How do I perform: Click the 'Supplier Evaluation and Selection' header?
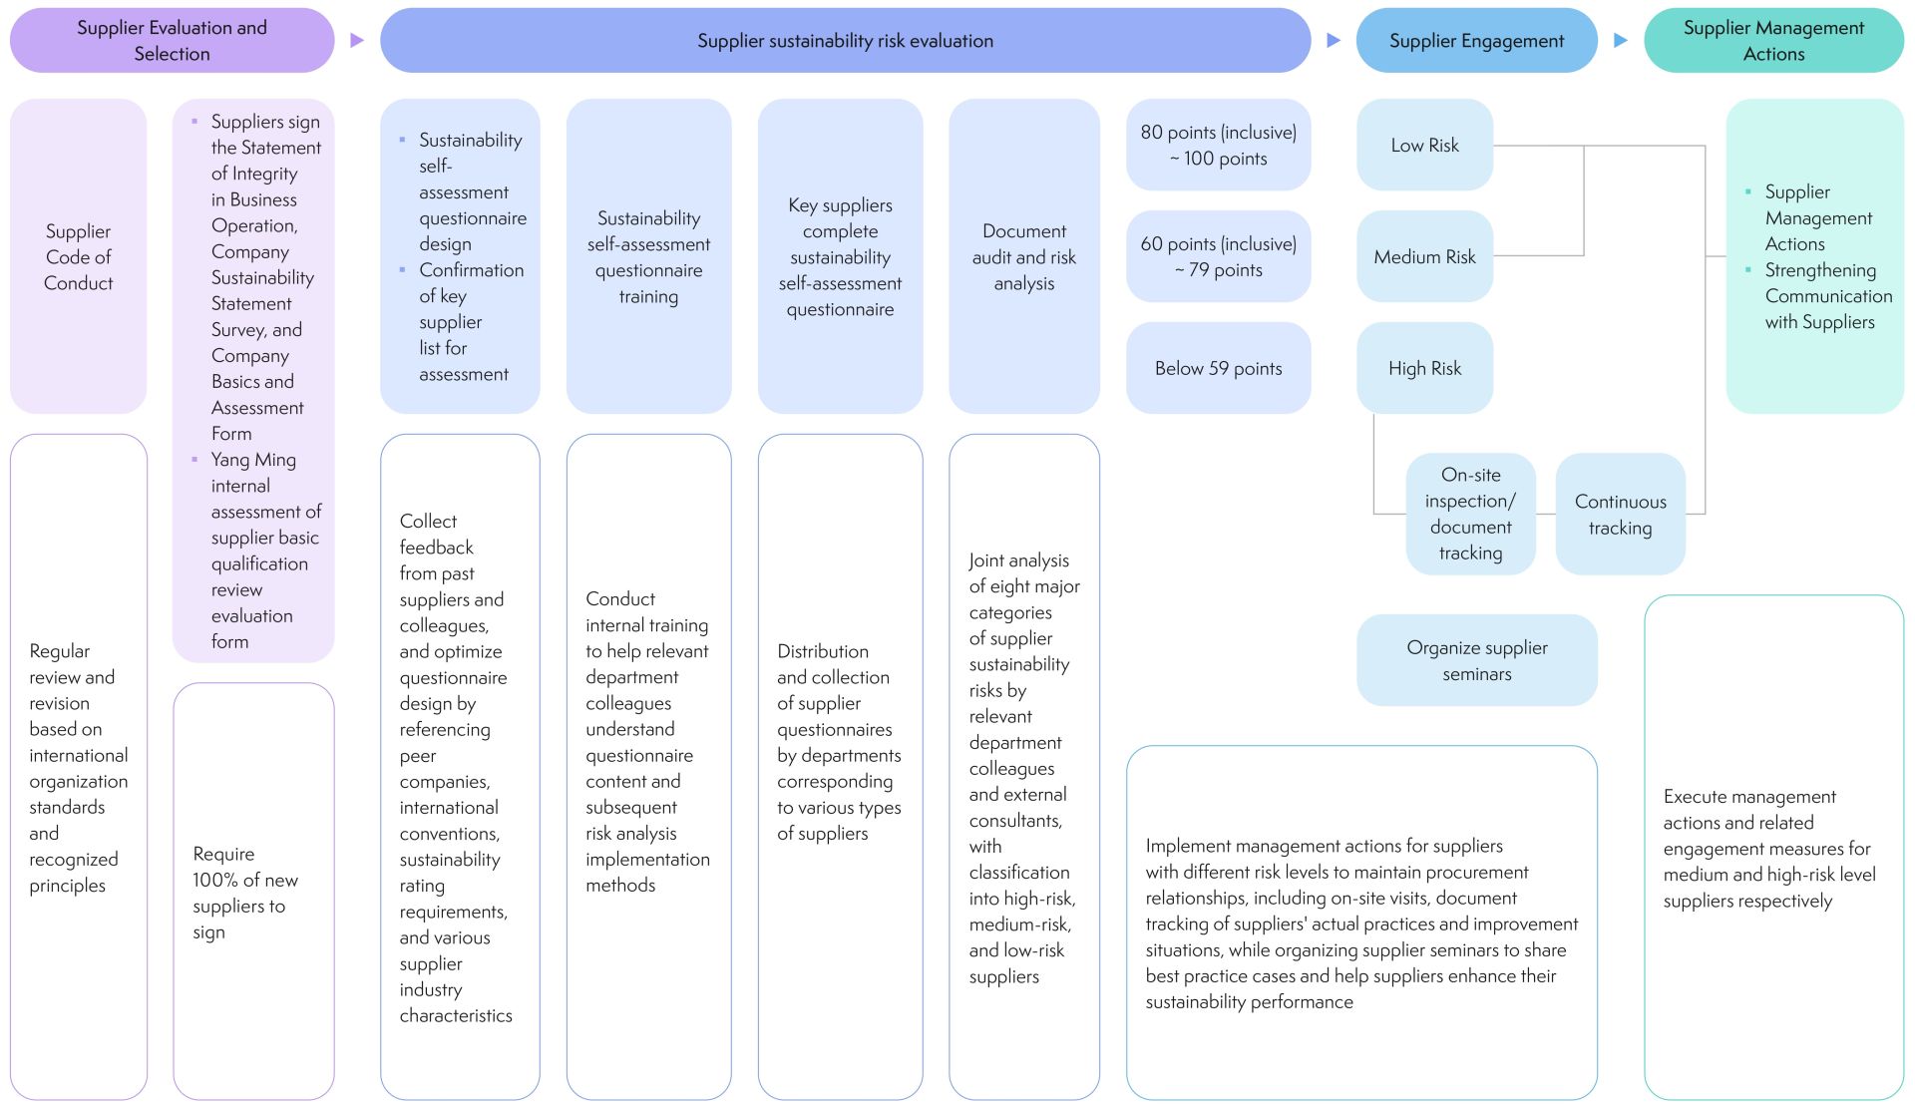click(172, 41)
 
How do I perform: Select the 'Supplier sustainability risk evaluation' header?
click(845, 41)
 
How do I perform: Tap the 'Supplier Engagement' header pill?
click(1476, 41)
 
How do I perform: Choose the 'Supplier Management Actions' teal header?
click(1773, 41)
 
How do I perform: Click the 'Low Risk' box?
click(1424, 146)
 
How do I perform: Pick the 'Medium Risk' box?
click(1424, 257)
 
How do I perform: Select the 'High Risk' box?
click(1424, 369)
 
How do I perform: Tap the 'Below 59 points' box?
click(1218, 369)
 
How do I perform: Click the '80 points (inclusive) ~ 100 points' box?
click(1218, 146)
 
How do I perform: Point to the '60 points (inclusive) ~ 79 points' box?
click(1218, 257)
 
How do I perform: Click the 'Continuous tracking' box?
click(1620, 515)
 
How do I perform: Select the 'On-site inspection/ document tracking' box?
click(1470, 515)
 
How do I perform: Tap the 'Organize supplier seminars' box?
click(1476, 660)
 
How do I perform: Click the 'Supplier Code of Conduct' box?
click(78, 257)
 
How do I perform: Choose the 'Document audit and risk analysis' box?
click(1023, 257)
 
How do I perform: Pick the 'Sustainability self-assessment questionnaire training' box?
click(648, 257)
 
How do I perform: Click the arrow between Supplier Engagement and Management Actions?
click(1621, 41)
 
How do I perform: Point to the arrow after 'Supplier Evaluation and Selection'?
click(357, 41)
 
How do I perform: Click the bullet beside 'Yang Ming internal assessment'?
click(194, 460)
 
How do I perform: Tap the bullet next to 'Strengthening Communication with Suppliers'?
click(1748, 270)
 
